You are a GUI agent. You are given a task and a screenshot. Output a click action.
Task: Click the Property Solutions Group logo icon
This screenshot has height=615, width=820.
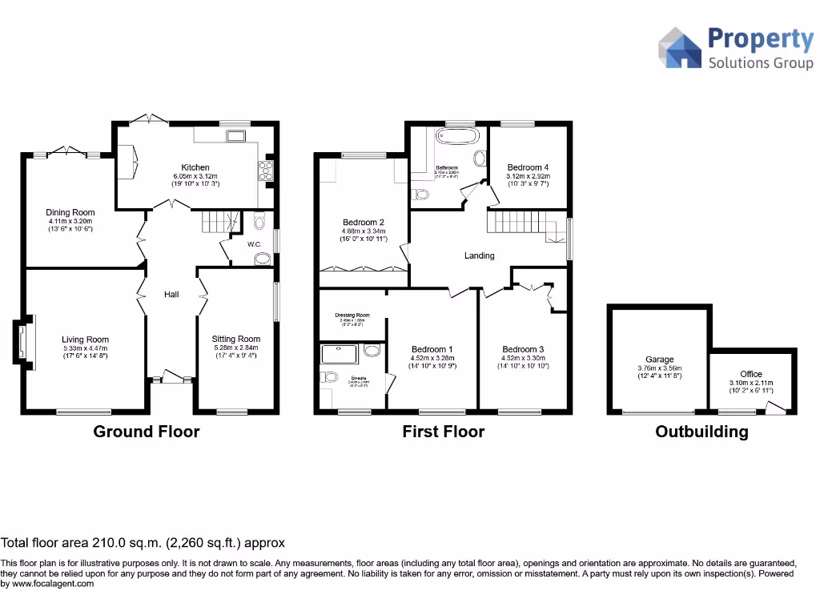pyautogui.click(x=680, y=47)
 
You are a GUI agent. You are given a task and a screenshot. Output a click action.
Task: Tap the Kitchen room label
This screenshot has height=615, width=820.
pyautogui.click(x=195, y=167)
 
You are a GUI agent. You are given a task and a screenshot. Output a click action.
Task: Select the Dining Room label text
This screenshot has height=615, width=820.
pyautogui.click(x=70, y=213)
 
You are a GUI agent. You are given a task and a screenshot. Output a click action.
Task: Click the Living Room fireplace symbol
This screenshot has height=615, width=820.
pyautogui.click(x=22, y=344)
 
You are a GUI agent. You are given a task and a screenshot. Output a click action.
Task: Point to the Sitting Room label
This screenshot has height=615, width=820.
pyautogui.click(x=236, y=339)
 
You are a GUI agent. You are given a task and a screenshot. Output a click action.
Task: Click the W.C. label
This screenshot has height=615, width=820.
pyautogui.click(x=255, y=244)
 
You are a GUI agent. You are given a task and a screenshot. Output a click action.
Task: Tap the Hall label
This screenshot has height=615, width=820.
pyautogui.click(x=171, y=295)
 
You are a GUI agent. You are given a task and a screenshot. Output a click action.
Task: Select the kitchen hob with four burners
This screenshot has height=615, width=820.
pyautogui.click(x=264, y=170)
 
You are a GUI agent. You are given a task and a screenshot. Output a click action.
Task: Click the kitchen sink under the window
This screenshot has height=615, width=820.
pyautogui.click(x=236, y=136)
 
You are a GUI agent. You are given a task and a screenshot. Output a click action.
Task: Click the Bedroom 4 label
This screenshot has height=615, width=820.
pyautogui.click(x=527, y=167)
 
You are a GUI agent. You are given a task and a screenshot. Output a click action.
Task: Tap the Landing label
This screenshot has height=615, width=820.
pyautogui.click(x=480, y=256)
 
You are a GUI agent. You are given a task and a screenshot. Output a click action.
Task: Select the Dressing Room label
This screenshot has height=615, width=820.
pyautogui.click(x=352, y=316)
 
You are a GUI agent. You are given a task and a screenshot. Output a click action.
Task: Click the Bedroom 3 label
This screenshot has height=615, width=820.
pyautogui.click(x=523, y=349)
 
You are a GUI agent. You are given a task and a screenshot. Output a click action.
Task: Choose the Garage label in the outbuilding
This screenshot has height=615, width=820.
pyautogui.click(x=660, y=360)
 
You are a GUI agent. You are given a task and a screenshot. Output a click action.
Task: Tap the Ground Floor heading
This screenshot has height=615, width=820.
pyautogui.click(x=147, y=432)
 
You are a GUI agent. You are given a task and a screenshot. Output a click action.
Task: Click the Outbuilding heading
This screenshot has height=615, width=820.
pyautogui.click(x=701, y=432)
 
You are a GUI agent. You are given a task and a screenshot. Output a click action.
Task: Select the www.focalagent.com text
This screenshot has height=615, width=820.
pyautogui.click(x=53, y=584)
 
